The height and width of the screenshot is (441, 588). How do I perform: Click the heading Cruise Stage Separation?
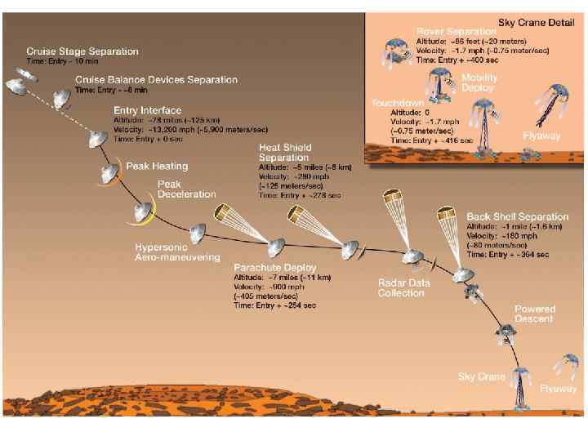click(x=82, y=51)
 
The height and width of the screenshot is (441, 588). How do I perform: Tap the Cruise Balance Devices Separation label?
click(x=156, y=80)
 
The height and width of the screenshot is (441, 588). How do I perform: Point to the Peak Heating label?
click(x=157, y=166)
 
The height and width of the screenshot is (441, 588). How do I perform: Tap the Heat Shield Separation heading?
click(x=283, y=152)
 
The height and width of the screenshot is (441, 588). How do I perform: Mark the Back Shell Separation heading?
click(x=517, y=216)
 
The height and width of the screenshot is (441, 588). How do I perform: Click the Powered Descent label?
click(x=535, y=314)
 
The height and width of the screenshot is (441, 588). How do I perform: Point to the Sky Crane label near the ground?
click(x=482, y=377)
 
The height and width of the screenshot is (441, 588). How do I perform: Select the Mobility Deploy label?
click(x=479, y=82)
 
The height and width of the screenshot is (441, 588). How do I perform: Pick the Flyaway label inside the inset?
click(x=541, y=136)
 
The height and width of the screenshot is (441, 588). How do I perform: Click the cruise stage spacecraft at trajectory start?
click(x=19, y=82)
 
